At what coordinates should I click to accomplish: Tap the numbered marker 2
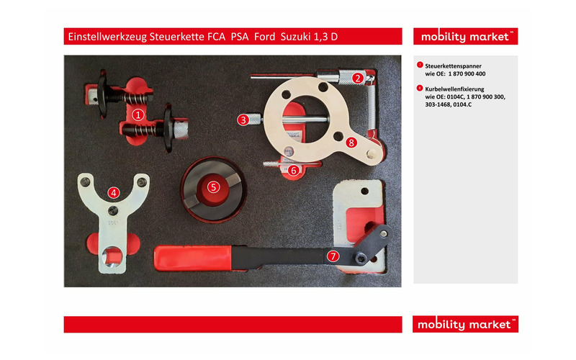358,78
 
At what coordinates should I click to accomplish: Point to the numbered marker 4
113,192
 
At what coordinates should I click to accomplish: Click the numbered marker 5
213,186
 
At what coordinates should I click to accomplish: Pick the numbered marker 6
294,170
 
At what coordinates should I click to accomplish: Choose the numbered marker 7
333,255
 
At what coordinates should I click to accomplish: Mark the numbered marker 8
351,142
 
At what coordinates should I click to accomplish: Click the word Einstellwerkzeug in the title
107,37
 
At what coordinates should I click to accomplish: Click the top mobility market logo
465,37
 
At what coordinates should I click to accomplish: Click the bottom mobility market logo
465,325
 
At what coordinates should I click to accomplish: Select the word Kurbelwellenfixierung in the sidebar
455,89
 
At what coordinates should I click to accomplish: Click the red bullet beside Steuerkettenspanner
420,65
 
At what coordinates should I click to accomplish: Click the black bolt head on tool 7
359,257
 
